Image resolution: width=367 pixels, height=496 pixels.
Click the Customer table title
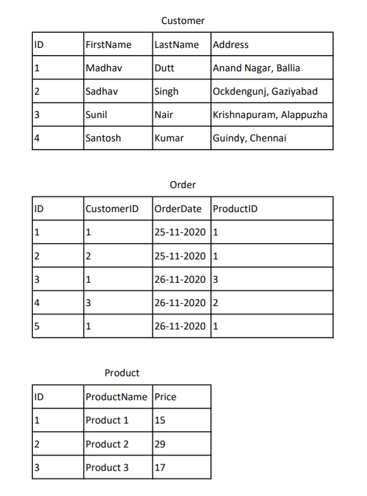pyautogui.click(x=183, y=21)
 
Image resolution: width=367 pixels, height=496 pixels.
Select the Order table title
pyautogui.click(x=183, y=185)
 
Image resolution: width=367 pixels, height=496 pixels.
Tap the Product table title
pyautogui.click(x=122, y=373)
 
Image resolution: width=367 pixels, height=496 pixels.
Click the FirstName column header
pyautogui.click(x=108, y=45)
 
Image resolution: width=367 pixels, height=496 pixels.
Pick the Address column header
pyautogui.click(x=231, y=45)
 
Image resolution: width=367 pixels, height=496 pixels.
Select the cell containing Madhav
pyautogui.click(x=103, y=68)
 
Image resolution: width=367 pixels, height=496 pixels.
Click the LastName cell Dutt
pyautogui.click(x=164, y=68)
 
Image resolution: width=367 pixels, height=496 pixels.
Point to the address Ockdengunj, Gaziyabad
pyautogui.click(x=265, y=92)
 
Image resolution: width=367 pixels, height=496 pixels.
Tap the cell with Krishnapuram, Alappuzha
pyautogui.click(x=270, y=115)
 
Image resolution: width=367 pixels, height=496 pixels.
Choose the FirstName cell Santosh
pyautogui.click(x=103, y=138)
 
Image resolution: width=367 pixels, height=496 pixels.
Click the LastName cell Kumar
pyautogui.click(x=169, y=138)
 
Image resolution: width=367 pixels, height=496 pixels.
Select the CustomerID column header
pyautogui.click(x=111, y=209)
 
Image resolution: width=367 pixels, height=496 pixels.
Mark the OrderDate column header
pyautogui.click(x=179, y=209)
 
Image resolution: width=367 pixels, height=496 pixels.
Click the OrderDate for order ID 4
pyautogui.click(x=180, y=302)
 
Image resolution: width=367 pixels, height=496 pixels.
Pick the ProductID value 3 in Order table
pyautogui.click(x=216, y=279)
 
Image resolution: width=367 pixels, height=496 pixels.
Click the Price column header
pyautogui.click(x=165, y=397)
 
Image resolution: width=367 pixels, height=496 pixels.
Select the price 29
pyautogui.click(x=160, y=444)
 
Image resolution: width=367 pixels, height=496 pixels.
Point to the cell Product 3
pyautogui.click(x=107, y=468)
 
